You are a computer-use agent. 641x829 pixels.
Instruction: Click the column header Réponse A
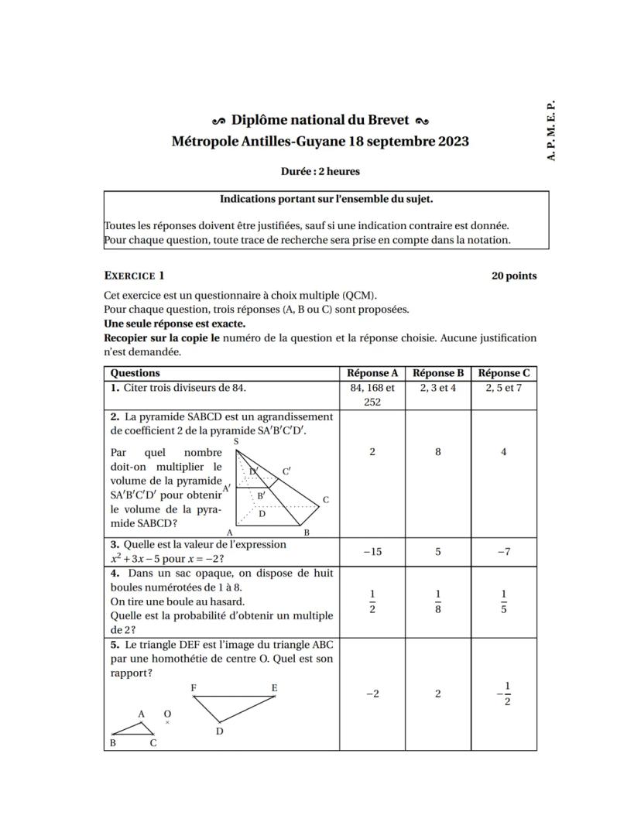pos(372,373)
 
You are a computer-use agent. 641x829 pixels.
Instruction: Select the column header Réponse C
pos(504,373)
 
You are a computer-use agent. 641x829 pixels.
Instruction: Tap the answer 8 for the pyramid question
pos(438,452)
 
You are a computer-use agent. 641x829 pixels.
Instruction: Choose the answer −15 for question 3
pos(372,552)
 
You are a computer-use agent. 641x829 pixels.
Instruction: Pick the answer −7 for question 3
pos(504,552)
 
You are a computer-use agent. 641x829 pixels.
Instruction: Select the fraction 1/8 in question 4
pos(438,602)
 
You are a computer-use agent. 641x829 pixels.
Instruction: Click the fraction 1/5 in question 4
pos(504,602)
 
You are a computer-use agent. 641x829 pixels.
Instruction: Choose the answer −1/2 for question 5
pos(504,694)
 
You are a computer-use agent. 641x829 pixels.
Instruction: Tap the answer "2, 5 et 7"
pos(504,388)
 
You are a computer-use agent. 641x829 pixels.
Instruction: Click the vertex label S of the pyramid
pos(235,440)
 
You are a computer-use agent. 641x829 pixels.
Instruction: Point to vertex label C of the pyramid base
pos(326,500)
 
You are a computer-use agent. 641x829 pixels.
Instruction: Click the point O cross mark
pos(167,722)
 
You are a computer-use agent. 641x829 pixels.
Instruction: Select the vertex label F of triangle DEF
pos(194,687)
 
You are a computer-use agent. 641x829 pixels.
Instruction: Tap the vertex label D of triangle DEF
pos(219,731)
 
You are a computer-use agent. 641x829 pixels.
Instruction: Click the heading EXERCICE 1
pos(134,276)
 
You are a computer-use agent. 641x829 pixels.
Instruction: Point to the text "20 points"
pos(513,276)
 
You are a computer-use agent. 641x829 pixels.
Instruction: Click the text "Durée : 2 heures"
pos(320,172)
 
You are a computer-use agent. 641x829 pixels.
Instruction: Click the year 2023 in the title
pos(453,142)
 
